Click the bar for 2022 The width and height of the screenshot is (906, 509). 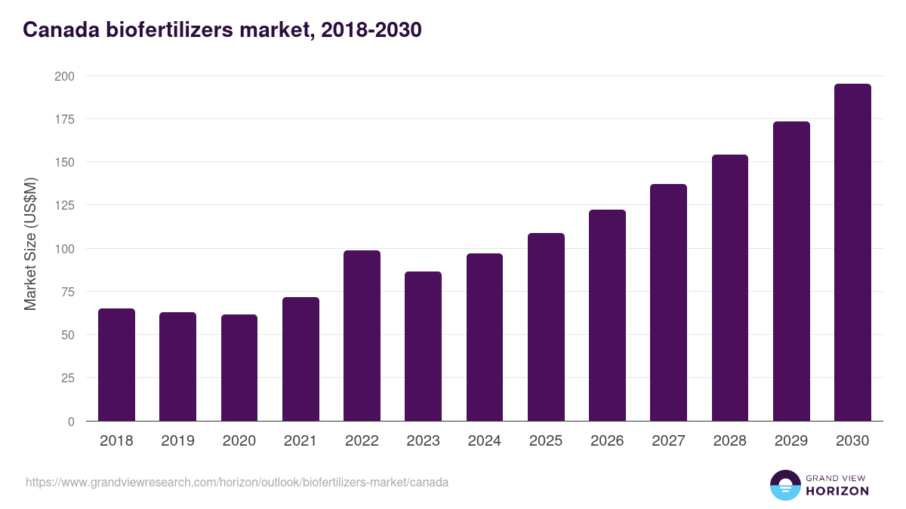point(362,336)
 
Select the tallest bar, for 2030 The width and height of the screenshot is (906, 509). point(852,253)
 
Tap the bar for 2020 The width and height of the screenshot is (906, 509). point(239,368)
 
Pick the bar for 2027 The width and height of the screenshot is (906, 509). point(668,302)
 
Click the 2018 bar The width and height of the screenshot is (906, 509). point(116,365)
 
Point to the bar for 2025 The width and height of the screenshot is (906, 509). point(546,327)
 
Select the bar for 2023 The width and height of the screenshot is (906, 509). point(423,346)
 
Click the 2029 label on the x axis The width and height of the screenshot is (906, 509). point(791,441)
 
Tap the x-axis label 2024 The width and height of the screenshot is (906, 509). point(484,441)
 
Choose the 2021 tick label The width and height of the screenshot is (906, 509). point(300,441)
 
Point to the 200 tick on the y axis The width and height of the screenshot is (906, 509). point(64,76)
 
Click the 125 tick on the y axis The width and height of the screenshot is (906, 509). point(64,205)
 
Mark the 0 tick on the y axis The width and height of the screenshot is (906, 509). point(71,422)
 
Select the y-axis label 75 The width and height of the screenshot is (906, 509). point(67,292)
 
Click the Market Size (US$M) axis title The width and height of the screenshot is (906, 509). point(30,244)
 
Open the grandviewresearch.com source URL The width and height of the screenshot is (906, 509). point(237,482)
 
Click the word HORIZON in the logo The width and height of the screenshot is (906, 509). point(837,491)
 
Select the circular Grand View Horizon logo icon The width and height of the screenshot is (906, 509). point(784,485)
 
